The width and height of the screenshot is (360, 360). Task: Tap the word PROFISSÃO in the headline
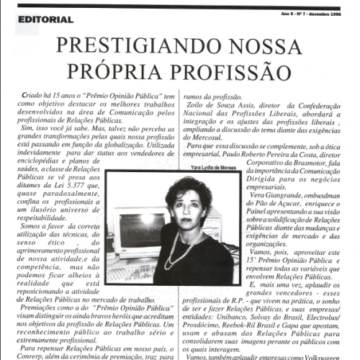point(228,72)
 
